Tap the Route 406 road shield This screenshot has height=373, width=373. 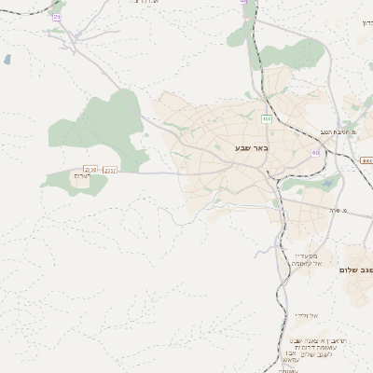pos(267,118)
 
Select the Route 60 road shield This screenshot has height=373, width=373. pos(315,152)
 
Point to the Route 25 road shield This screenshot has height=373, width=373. pos(57,17)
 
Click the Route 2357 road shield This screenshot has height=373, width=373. pos(110,170)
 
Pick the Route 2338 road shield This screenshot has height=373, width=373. pos(90,169)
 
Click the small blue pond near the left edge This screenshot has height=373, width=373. pos(7,60)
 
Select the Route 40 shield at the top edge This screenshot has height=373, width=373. pos(242,3)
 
